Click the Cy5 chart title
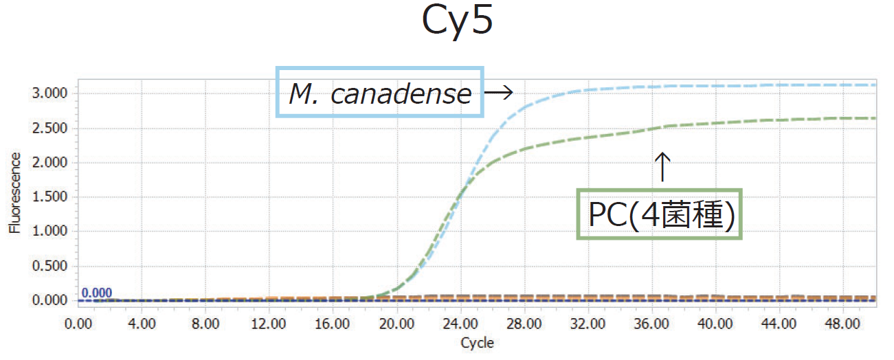(456, 23)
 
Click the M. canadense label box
(380, 92)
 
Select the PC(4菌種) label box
(660, 214)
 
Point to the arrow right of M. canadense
(500, 92)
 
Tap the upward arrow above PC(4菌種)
(661, 166)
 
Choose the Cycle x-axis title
(477, 342)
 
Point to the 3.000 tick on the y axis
(52, 93)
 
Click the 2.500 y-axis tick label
(52, 128)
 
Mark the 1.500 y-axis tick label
(52, 197)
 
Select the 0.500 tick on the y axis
(52, 267)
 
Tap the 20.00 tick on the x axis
(397, 322)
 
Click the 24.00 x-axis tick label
(461, 322)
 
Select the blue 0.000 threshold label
(97, 293)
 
